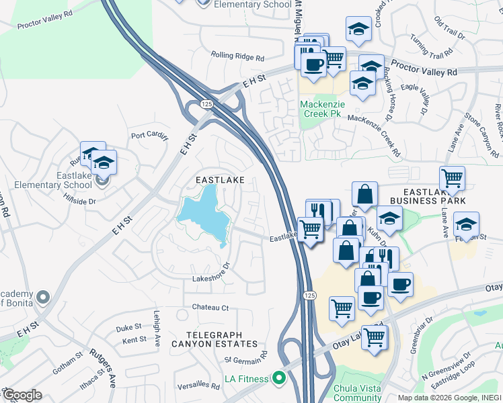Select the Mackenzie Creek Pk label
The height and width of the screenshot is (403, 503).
pyautogui.click(x=321, y=109)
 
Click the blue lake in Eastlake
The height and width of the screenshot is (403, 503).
pyautogui.click(x=202, y=212)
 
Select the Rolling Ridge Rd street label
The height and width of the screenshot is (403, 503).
pyautogui.click(x=237, y=56)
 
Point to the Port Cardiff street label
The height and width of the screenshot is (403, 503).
pyautogui.click(x=147, y=134)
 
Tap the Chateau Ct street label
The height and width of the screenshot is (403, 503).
pyautogui.click(x=210, y=308)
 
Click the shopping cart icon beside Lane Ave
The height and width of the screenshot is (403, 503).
pyautogui.click(x=452, y=178)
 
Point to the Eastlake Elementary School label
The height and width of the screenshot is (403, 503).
pyautogui.click(x=65, y=180)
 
